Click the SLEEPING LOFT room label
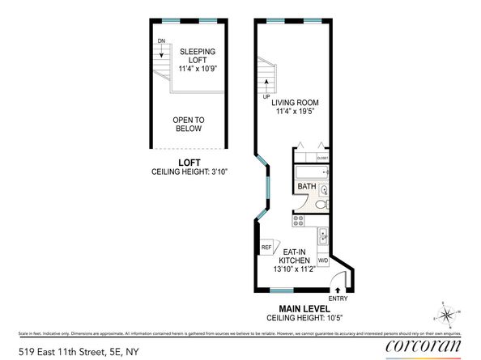click(197, 55)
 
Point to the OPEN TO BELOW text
click(189, 124)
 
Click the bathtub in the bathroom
click(312, 172)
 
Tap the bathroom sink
click(323, 191)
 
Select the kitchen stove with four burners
click(297, 218)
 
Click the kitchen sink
click(323, 236)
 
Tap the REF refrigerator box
click(266, 248)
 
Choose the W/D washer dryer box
click(322, 260)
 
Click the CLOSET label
click(322, 157)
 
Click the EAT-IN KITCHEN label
click(294, 256)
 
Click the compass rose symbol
click(447, 313)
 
